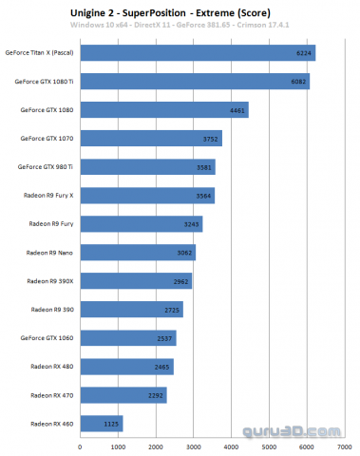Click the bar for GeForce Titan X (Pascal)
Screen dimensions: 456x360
[198, 53]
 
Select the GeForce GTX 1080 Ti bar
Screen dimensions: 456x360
[195, 82]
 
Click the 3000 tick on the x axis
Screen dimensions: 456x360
[194, 445]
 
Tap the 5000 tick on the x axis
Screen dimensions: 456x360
[270, 445]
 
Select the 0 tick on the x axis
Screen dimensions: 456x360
[81, 445]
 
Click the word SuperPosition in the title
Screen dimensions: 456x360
[179, 12]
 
